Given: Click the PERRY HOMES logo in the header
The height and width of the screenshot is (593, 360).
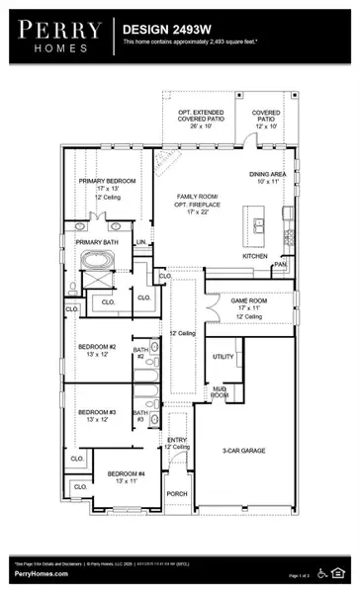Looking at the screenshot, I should [x=57, y=35].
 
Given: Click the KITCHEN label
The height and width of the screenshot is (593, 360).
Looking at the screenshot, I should [x=255, y=256].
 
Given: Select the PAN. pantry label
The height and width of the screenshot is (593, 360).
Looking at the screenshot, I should [x=281, y=265].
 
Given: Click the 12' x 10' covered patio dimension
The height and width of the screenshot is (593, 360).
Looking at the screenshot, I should [x=264, y=127].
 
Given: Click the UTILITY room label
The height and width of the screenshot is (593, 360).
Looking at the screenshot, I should [x=223, y=357].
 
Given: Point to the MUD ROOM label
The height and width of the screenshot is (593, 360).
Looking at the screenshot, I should [x=220, y=392].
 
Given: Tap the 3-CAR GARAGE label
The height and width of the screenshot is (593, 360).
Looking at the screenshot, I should [x=244, y=424].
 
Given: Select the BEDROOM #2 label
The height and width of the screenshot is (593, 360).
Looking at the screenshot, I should [x=97, y=347].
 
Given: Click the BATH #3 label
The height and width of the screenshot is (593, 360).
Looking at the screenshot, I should [x=140, y=416].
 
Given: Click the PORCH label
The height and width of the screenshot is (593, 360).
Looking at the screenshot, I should [x=176, y=493].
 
